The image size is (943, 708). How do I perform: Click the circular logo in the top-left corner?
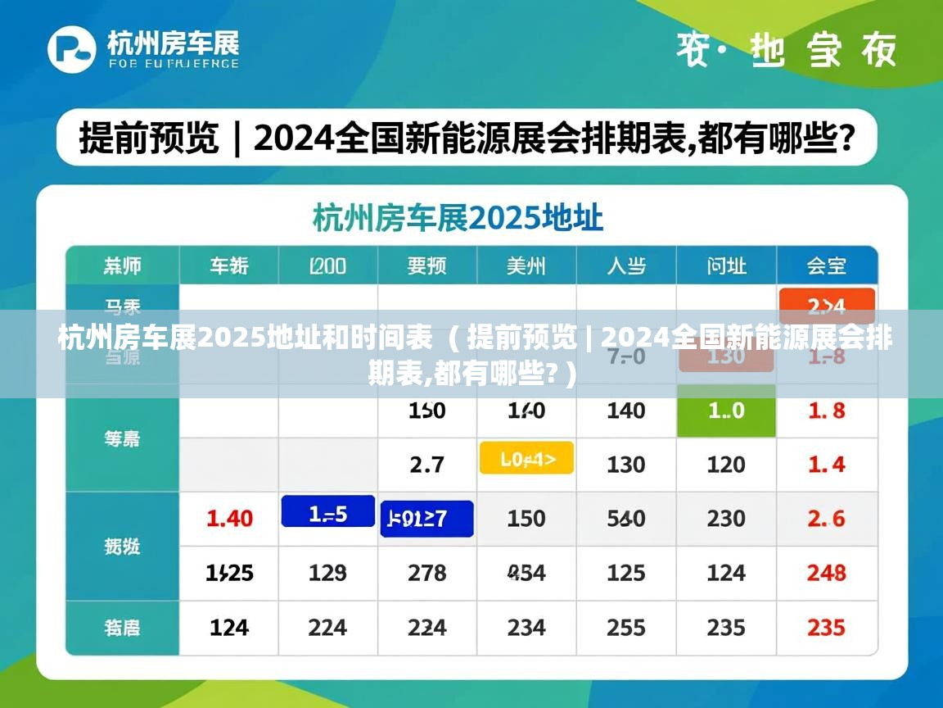(x=72, y=49)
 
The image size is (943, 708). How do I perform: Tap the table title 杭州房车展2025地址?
(x=458, y=218)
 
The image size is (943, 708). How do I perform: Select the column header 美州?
(x=526, y=265)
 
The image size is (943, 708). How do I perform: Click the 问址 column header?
(x=726, y=265)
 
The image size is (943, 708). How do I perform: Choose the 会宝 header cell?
(x=826, y=265)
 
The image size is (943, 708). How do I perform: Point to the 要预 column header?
(x=426, y=265)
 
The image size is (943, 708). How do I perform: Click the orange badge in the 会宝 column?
(x=827, y=305)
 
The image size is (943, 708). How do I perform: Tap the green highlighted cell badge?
(x=726, y=411)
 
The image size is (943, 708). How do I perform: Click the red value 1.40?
(x=229, y=518)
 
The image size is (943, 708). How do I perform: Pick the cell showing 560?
(x=626, y=518)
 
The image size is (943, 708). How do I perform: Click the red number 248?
(x=826, y=572)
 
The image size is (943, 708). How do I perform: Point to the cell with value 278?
(x=426, y=572)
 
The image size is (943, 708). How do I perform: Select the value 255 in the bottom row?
(x=626, y=627)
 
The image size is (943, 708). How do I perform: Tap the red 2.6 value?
(x=826, y=518)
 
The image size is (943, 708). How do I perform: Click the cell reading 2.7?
(x=426, y=465)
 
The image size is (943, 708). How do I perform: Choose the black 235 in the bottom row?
(x=726, y=627)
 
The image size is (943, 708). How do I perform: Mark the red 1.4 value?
(x=826, y=465)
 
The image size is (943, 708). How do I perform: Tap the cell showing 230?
(x=726, y=518)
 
